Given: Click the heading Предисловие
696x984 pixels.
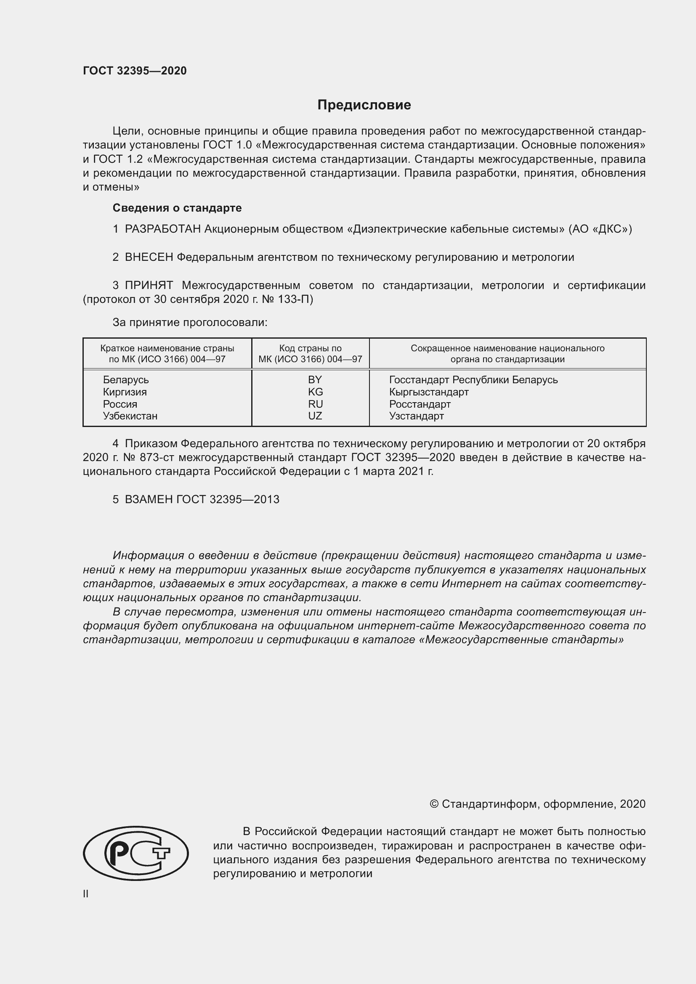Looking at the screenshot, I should tap(364, 105).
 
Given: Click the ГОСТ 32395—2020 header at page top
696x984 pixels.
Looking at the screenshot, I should tap(135, 71).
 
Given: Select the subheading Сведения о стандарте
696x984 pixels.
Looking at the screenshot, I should tap(177, 208).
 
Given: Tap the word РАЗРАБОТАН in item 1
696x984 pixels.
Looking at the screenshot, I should tap(162, 229).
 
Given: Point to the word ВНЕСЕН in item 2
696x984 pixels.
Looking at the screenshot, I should tap(149, 257).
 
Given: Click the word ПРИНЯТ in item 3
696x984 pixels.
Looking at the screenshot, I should tap(149, 285).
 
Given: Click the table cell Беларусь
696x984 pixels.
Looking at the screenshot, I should tap(125, 380).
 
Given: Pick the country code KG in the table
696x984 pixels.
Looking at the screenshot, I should tap(315, 392).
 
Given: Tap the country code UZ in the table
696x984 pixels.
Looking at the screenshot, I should tap(315, 416).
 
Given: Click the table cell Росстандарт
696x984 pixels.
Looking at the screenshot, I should tap(420, 404).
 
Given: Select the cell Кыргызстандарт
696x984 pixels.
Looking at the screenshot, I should tap(428, 392).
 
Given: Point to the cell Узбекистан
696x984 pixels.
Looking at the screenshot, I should tap(130, 416).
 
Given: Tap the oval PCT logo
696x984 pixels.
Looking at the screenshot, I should tap(135, 853).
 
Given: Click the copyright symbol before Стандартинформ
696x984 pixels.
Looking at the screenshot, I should tap(434, 804).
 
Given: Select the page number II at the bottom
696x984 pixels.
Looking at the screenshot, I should tap(86, 894).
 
